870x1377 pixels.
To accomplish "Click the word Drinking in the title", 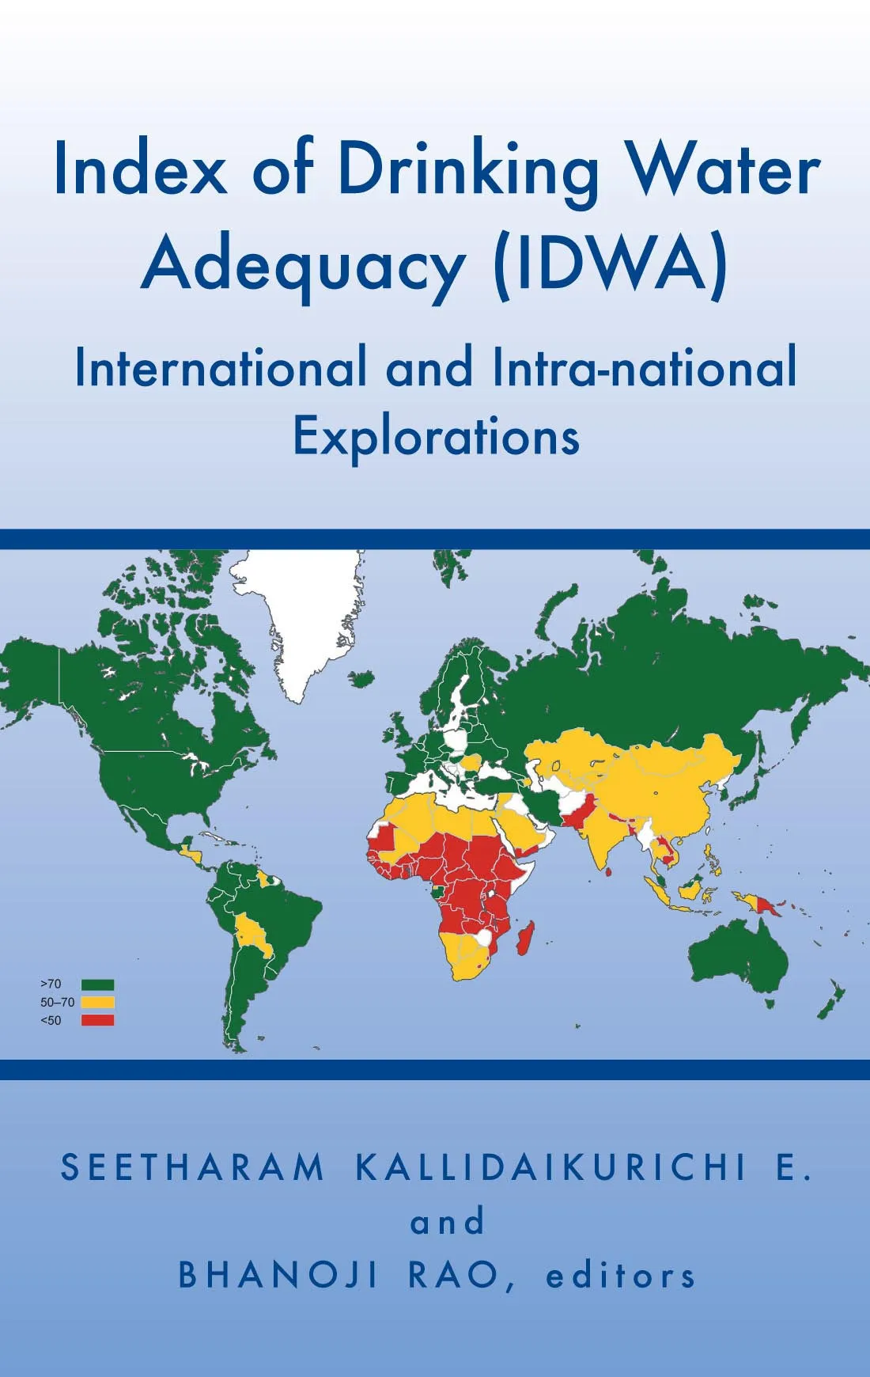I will pos(468,170).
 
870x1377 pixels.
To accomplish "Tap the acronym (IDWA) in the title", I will pos(610,264).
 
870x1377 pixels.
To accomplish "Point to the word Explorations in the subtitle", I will pos(436,436).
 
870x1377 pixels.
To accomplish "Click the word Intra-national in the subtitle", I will pos(644,368).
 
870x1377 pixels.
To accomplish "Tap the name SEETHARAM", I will pos(193,1167).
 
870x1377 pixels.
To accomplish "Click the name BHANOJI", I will pos(278,1275).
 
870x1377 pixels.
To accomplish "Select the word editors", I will pos(621,1275).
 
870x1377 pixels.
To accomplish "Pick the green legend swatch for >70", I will pos(97,984).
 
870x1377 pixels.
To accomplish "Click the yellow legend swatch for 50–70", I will pos(97,1003).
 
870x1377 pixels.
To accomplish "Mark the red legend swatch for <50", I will pos(97,1020).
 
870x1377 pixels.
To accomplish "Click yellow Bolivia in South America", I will pos(255,934).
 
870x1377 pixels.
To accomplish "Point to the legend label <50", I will pos(51,1021).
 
